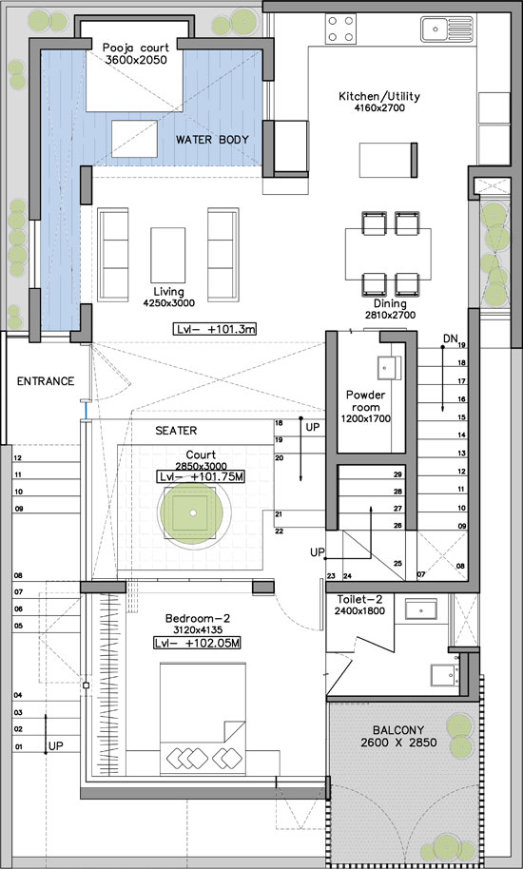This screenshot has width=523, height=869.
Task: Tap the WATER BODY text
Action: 212,139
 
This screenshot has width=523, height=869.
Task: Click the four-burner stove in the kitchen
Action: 340,29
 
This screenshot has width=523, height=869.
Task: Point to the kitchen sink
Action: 447,29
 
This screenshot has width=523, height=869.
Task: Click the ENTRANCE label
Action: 46,381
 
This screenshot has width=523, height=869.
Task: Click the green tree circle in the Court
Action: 192,512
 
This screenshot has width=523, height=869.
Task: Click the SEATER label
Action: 176,430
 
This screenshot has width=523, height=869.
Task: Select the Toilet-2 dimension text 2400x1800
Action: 360,611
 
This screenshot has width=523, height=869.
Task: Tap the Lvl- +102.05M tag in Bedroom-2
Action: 197,644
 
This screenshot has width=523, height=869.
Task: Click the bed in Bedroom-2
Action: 203,719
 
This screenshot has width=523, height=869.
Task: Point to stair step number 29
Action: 397,475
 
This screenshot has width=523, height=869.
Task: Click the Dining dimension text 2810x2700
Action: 390,315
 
